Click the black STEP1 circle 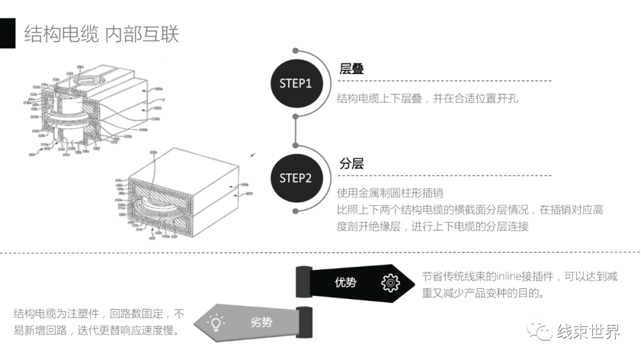pyautogui.click(x=296, y=84)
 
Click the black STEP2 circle pyautogui.click(x=296, y=178)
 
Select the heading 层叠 pyautogui.click(x=351, y=69)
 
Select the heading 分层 pyautogui.click(x=351, y=164)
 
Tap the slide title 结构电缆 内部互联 pyautogui.click(x=101, y=34)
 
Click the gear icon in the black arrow pyautogui.click(x=390, y=283)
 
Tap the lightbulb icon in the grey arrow pyautogui.click(x=215, y=323)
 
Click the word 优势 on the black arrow pyautogui.click(x=345, y=282)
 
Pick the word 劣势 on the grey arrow pyautogui.click(x=261, y=322)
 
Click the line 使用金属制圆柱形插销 pyautogui.click(x=390, y=193)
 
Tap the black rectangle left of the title pyautogui.click(x=8, y=33)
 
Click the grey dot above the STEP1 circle pyautogui.click(x=296, y=51)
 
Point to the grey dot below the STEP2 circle pyautogui.click(x=296, y=211)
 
